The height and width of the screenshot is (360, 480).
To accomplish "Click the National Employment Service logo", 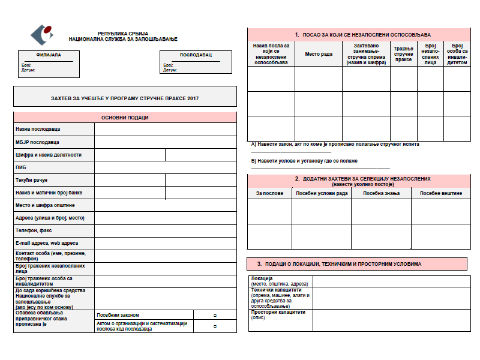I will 41,35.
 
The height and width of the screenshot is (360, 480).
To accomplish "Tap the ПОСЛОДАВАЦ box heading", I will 196,55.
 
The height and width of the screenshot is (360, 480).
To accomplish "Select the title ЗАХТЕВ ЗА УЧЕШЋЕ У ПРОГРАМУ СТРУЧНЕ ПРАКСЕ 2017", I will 125,98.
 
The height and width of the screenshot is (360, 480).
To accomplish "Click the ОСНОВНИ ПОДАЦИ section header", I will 125,118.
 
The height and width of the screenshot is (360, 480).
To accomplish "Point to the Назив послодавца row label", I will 38,129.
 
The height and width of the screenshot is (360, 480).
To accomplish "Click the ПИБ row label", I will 21,167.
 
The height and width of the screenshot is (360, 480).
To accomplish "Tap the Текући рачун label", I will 31,180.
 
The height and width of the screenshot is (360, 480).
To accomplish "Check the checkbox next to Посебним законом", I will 215,315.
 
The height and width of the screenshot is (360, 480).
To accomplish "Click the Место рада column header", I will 318,54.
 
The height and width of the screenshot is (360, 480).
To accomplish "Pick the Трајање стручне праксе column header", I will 403,54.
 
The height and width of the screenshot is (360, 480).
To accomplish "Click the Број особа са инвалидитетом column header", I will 456,54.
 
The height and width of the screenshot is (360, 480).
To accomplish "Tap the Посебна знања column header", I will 381,193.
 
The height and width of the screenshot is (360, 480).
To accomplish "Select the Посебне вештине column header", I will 440,193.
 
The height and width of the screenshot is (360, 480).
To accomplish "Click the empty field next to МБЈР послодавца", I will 165,142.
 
